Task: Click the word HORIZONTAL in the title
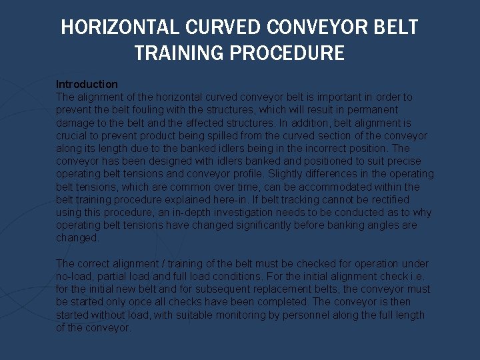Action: (x=119, y=27)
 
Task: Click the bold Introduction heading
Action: (x=87, y=84)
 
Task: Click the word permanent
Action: (x=372, y=110)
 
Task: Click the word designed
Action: (x=164, y=161)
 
